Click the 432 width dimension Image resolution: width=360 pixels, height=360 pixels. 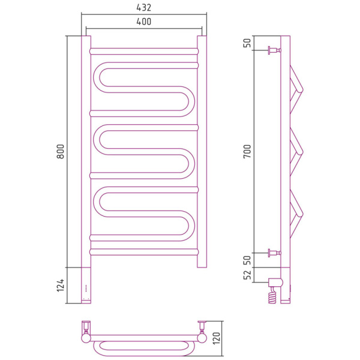pos(144,8)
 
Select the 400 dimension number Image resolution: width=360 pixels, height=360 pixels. pos(144,22)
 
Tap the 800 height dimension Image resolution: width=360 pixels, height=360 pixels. pos(61,152)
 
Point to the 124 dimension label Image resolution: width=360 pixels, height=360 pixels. pos(60,286)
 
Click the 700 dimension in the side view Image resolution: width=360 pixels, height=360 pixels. pos(247,151)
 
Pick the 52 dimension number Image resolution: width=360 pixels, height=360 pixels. pos(247,275)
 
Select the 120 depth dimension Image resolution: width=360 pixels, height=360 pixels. pos(217,338)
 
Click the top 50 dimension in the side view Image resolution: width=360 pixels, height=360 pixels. pos(247,43)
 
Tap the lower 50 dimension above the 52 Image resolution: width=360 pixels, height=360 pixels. pos(247,260)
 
